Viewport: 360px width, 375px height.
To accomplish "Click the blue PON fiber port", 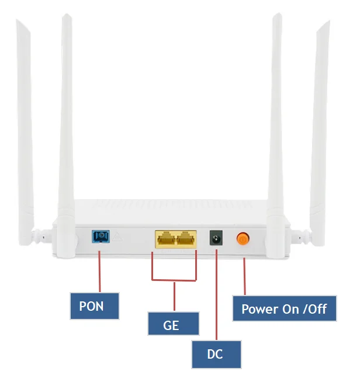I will (x=101, y=237).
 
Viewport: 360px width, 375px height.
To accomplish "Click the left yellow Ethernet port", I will (x=165, y=238).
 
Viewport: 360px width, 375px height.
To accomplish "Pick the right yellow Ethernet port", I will (x=186, y=238).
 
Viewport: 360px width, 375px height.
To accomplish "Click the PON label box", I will (x=94, y=305).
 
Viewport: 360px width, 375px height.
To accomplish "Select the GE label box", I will (x=173, y=324).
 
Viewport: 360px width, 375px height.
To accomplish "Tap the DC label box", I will (x=216, y=354).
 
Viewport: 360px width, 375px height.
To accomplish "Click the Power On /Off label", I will (x=284, y=309).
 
